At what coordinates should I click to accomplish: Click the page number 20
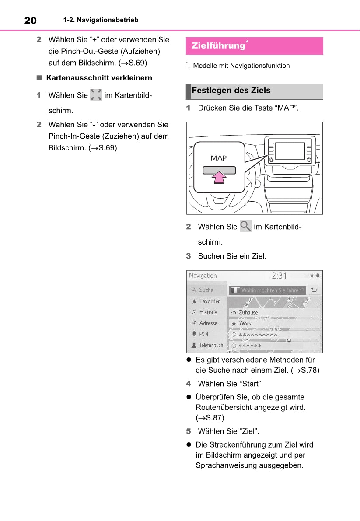coord(30,20)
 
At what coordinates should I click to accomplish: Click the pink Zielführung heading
coord(218,45)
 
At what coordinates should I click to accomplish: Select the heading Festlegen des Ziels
coord(231,91)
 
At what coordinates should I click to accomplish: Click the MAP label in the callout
coord(219,158)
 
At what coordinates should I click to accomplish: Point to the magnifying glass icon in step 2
coord(245,227)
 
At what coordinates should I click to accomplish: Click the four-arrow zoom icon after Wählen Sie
coord(96,95)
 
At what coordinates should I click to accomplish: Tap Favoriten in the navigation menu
coord(210,301)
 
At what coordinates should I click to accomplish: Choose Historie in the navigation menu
coord(208,312)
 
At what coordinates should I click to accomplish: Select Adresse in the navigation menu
coord(208,323)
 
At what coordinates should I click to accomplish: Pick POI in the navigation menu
coord(203,334)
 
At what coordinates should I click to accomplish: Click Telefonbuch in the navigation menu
coord(211,345)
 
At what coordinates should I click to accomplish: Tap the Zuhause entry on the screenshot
coord(248,312)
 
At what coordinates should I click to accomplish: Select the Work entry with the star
coord(245,324)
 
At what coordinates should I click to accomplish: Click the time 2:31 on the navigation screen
coord(279,276)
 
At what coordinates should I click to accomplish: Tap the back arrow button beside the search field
coord(314,290)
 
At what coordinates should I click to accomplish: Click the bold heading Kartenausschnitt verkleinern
coord(99,78)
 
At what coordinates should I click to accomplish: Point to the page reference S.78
coord(309,370)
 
